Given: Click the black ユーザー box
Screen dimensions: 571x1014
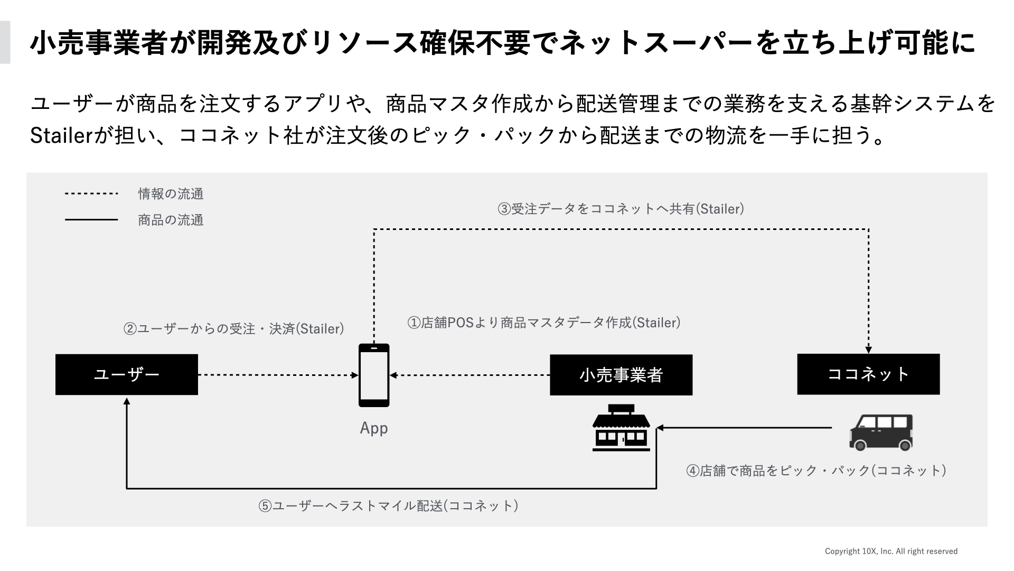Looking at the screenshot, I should point(127,374).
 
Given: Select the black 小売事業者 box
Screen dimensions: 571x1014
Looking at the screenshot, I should point(621,375).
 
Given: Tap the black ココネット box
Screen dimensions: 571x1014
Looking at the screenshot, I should point(868,374).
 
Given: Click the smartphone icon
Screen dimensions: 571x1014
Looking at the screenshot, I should point(374,375).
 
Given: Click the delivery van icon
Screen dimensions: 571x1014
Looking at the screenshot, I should point(881,432).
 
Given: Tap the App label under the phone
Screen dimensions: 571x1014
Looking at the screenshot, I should point(374,428).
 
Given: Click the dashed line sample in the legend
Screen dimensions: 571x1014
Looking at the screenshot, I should point(91,194).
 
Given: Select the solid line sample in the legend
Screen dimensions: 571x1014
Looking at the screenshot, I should point(91,219).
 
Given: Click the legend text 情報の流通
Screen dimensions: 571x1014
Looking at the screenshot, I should point(171,194).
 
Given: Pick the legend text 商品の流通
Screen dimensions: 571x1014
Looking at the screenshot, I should point(171,220).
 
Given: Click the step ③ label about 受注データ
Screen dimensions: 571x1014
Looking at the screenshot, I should point(621,209).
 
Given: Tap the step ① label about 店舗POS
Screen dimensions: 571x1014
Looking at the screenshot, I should point(543,323).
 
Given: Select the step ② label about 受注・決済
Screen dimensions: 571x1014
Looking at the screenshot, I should point(233,329).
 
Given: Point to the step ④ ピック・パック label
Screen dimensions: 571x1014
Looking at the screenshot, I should point(815,471).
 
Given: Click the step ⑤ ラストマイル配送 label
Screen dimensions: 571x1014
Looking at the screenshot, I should point(388,506).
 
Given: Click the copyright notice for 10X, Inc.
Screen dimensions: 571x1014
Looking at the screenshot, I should point(891,551).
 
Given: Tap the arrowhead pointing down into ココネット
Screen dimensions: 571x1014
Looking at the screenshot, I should point(869,350).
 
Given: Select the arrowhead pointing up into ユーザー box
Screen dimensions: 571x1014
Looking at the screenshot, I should point(127,401).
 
